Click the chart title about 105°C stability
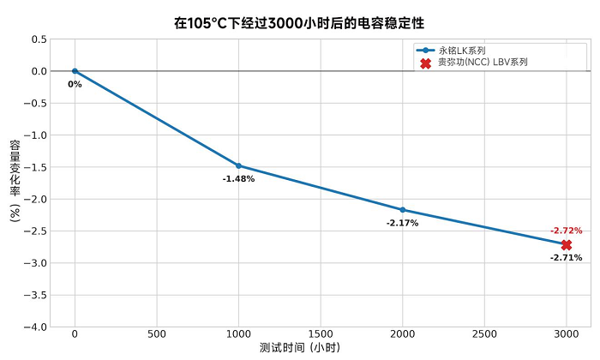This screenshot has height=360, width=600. [x=300, y=23]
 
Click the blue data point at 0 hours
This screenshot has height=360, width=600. [x=75, y=71]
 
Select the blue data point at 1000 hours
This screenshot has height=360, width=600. [x=238, y=165]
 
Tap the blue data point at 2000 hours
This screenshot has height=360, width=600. [x=403, y=210]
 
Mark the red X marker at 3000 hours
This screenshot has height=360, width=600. [x=567, y=245]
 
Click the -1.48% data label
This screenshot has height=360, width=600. [x=238, y=178]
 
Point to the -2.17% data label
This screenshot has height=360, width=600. [x=402, y=223]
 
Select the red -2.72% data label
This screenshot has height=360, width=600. [x=566, y=231]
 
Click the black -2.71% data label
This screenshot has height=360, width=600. [x=566, y=257]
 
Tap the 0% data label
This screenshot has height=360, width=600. [x=75, y=84]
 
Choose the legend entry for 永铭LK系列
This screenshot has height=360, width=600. [x=462, y=51]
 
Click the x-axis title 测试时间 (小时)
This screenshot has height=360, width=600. [x=300, y=349]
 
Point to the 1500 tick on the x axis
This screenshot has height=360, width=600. [x=321, y=333]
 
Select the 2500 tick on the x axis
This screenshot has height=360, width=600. [x=484, y=333]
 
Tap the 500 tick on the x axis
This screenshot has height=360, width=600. [x=156, y=333]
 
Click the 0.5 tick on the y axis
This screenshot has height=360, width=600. [x=39, y=39]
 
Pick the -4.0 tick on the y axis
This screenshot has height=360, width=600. [x=35, y=327]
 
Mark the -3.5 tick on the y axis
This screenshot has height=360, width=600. [x=35, y=295]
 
